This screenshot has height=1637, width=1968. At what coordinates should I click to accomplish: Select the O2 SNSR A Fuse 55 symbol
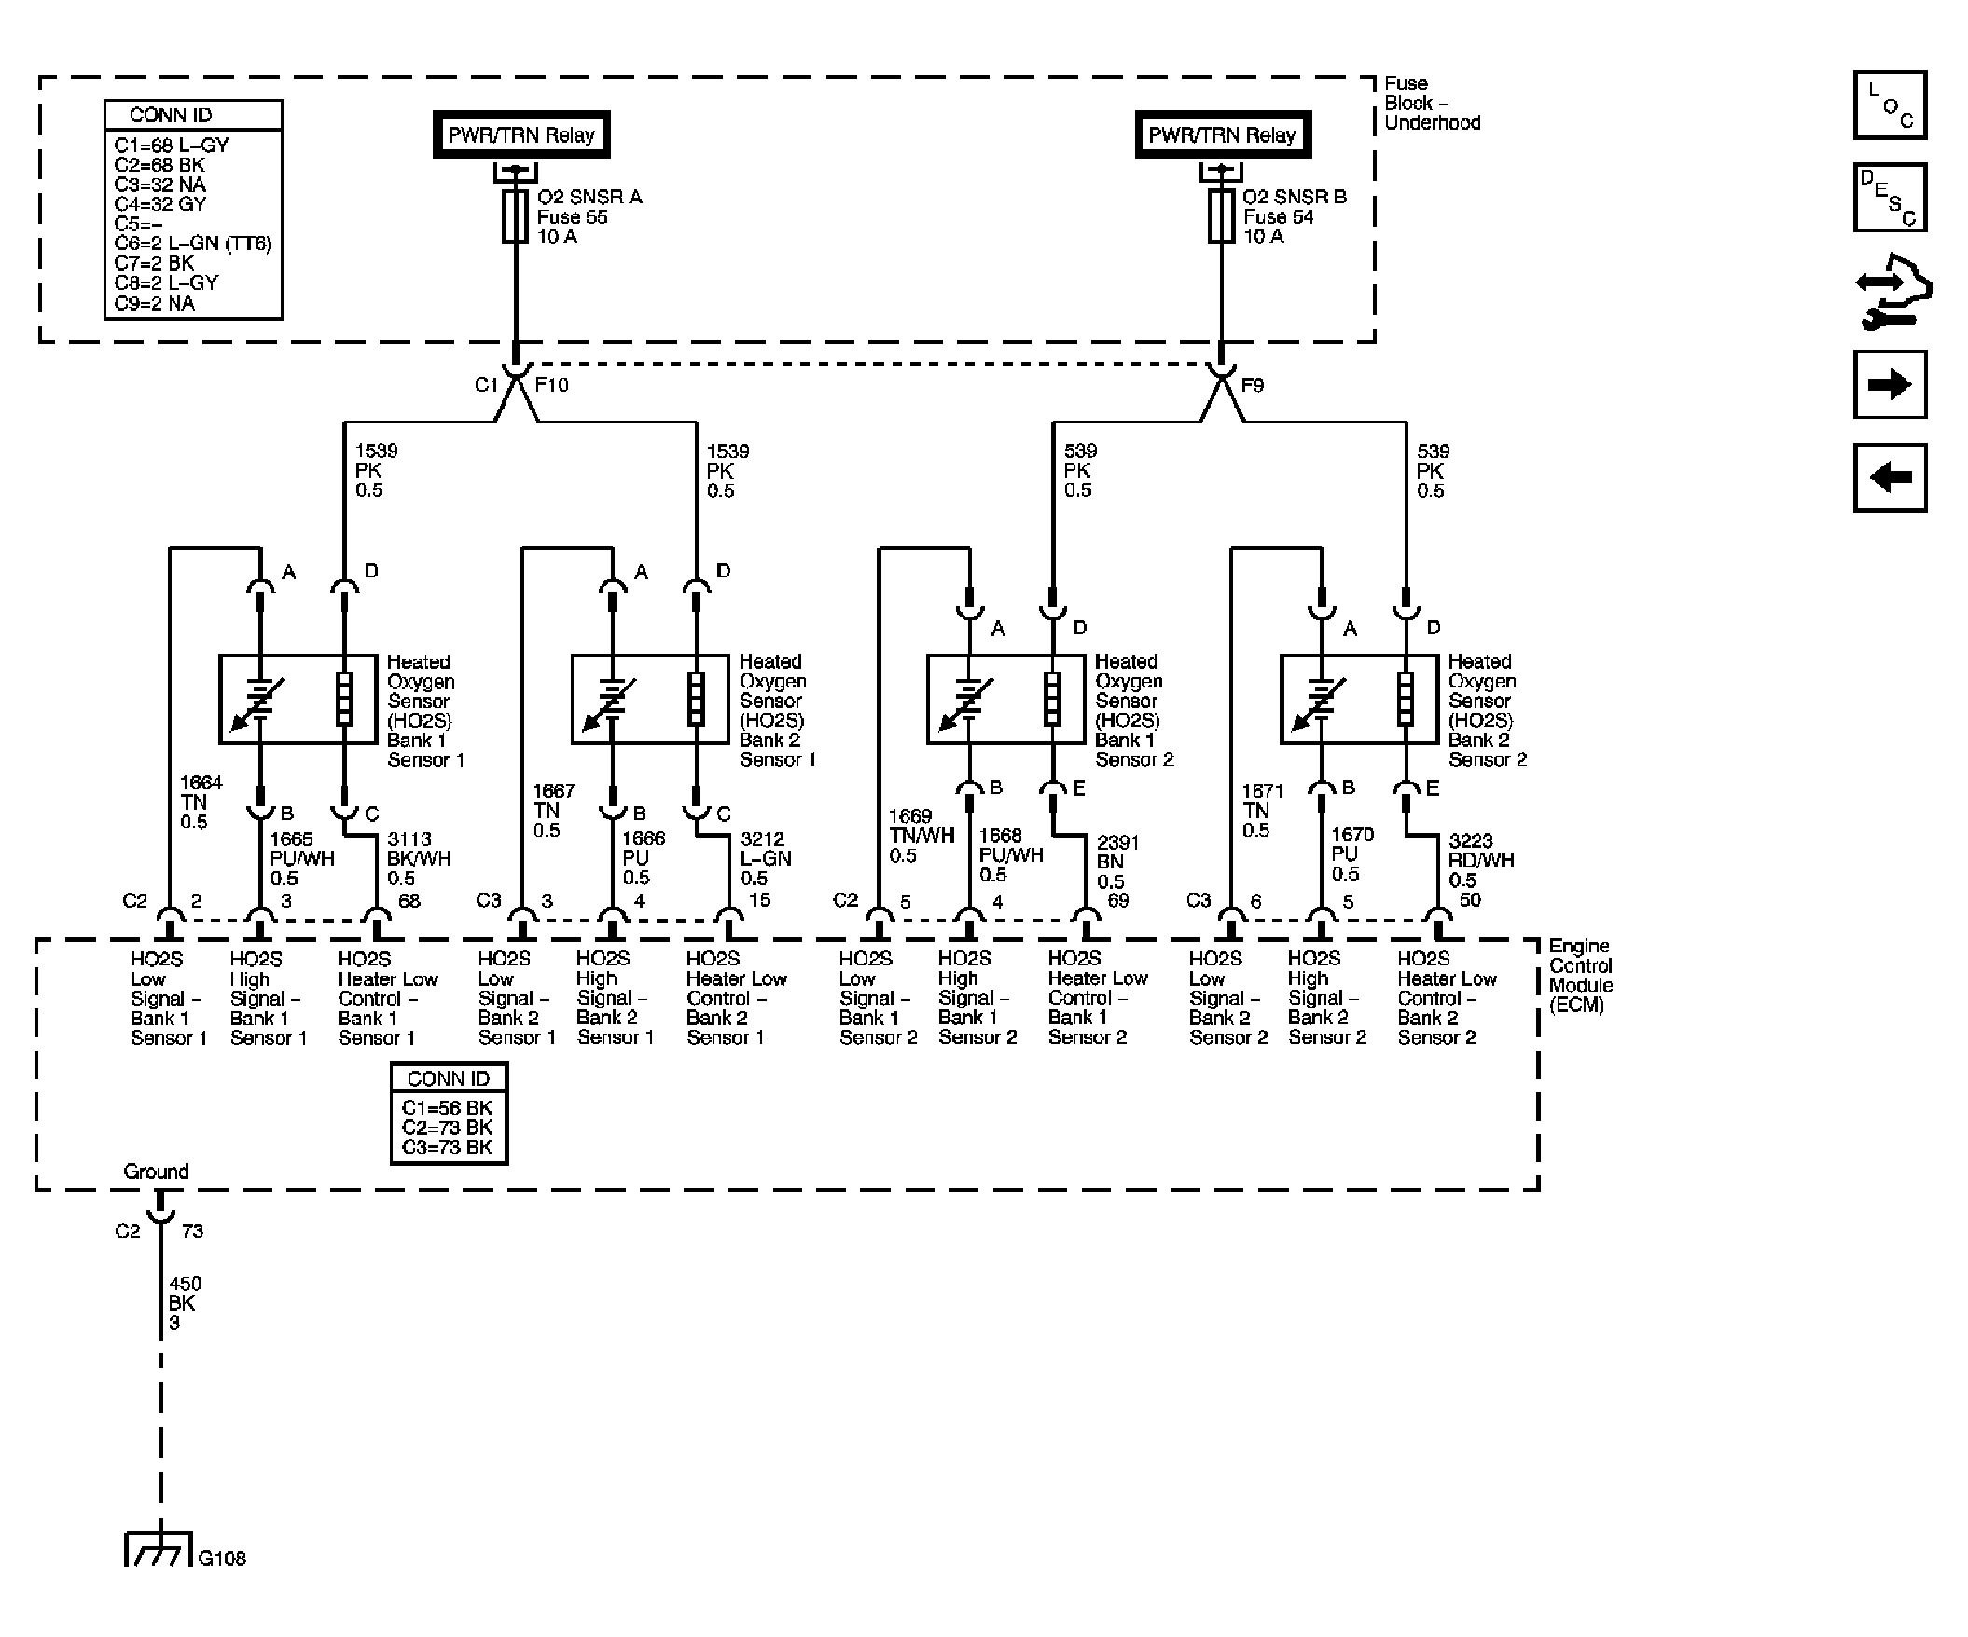pos(516,216)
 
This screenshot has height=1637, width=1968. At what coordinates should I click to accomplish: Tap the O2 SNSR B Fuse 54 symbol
pos(1221,216)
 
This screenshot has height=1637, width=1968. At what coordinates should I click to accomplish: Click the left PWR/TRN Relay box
pos(521,135)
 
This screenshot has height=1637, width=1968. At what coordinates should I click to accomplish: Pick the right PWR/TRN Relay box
pos(1222,135)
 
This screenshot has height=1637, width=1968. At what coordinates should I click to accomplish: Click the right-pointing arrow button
pos(1891,384)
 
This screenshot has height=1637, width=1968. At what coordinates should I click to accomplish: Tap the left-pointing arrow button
pos(1891,478)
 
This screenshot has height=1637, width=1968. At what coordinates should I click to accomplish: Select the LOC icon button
pos(1891,105)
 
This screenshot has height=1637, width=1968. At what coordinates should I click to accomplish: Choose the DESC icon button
pos(1891,198)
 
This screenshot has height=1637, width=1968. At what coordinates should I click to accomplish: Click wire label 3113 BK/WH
pos(418,858)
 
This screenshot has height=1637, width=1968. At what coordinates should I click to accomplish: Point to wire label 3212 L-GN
pos(766,858)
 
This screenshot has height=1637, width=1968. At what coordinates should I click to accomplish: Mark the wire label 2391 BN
pos(1117,862)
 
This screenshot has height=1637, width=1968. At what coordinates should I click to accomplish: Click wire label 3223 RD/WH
pos(1481,860)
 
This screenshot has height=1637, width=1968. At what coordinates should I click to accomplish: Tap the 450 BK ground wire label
pos(185,1303)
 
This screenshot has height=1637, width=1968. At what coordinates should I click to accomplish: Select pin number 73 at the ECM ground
pos(192,1231)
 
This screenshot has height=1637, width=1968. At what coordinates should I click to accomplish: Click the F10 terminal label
pos(551,384)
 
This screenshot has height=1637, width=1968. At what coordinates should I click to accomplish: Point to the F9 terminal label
pos(1252,384)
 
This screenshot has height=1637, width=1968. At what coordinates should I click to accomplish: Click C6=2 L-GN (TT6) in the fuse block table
pos(193,243)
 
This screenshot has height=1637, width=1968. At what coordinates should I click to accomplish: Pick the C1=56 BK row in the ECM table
pos(447,1107)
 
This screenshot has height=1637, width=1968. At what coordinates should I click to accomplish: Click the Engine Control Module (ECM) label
pos(1580,976)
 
